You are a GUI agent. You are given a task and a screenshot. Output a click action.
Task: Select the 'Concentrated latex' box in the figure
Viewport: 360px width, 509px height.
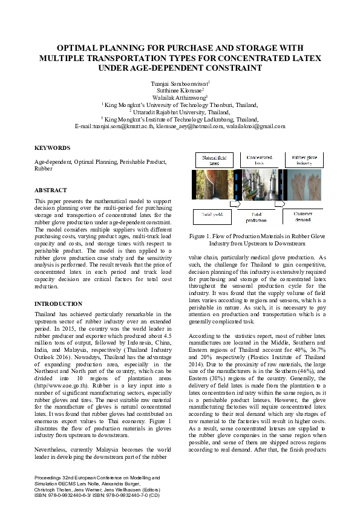259,160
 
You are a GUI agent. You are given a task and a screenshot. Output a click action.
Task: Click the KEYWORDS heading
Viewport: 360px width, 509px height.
52,148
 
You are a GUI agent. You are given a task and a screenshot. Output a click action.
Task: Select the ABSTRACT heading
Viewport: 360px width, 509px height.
51,190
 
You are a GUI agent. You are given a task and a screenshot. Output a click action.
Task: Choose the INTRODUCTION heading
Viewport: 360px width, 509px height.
58,303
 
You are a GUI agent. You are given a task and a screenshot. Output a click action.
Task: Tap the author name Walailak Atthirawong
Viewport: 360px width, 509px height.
179,97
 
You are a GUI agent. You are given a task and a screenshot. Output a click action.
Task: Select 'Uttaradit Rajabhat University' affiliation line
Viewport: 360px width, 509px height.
180,112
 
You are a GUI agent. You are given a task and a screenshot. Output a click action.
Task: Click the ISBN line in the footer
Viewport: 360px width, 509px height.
97,494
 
